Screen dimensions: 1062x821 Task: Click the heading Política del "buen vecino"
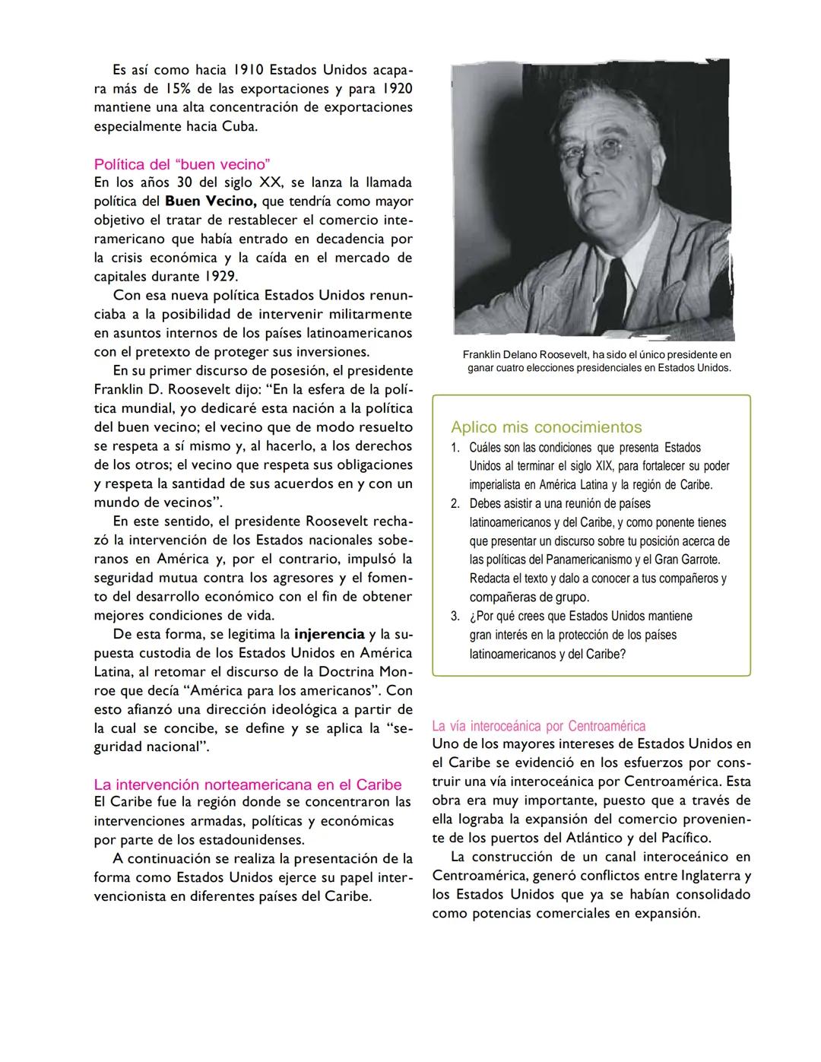coord(182,164)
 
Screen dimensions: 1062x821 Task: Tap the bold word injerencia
coord(329,634)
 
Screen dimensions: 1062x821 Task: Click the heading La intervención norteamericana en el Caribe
coord(247,784)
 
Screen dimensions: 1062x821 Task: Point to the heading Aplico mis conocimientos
coord(546,427)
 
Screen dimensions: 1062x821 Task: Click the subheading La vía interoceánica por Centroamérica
coord(538,725)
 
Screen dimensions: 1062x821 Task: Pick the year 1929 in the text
coord(220,277)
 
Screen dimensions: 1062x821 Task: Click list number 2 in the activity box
coord(455,504)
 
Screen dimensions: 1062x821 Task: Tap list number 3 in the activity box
coord(455,617)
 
